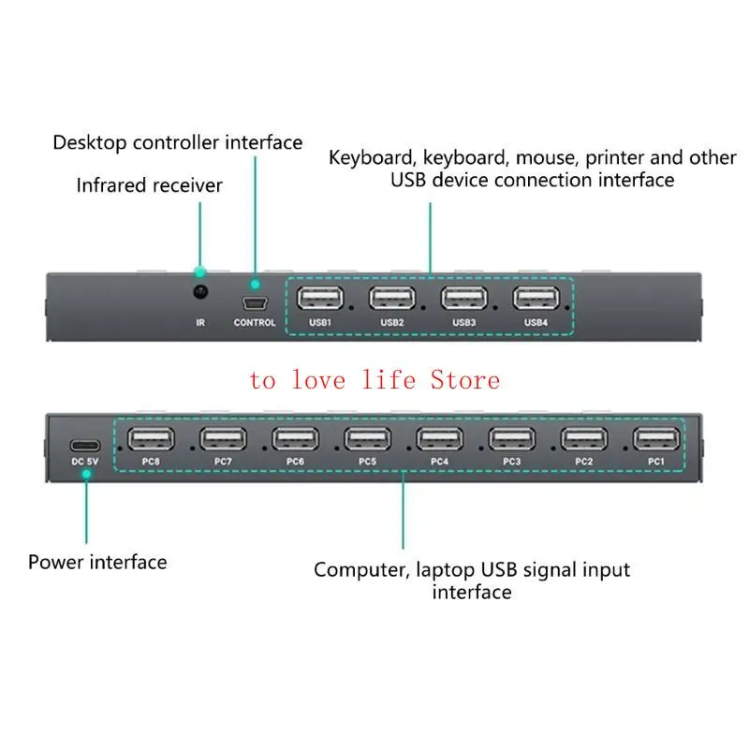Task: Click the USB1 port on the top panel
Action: (x=319, y=299)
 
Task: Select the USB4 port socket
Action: (x=536, y=299)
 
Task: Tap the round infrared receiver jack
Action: (x=199, y=293)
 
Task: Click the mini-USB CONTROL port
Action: (x=254, y=303)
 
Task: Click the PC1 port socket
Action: (x=655, y=438)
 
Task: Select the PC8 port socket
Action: (x=151, y=438)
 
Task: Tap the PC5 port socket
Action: (x=367, y=438)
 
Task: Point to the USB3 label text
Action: (x=464, y=323)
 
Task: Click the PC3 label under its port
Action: (x=511, y=462)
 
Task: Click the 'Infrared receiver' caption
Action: (x=150, y=185)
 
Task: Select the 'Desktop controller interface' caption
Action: (x=178, y=142)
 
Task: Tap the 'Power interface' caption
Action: (x=97, y=562)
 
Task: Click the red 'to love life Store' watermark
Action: (x=374, y=380)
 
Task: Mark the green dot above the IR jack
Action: (x=199, y=272)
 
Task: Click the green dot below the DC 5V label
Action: (x=85, y=475)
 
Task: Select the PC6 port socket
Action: (x=295, y=438)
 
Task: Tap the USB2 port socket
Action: (x=391, y=299)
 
